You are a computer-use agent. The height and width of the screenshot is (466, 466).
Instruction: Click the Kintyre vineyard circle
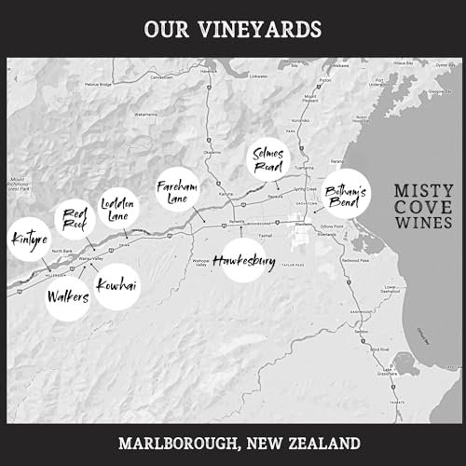coord(25,240)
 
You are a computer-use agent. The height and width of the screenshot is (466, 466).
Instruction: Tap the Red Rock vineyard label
coord(74,219)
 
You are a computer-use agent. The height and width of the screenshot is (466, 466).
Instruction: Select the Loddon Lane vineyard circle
coord(118,209)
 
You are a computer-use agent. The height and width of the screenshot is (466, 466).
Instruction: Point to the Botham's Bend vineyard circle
coord(345,197)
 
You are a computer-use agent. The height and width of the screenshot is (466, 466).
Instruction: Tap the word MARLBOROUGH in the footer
coord(176,441)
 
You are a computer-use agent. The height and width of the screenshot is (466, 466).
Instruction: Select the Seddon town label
coord(361,332)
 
